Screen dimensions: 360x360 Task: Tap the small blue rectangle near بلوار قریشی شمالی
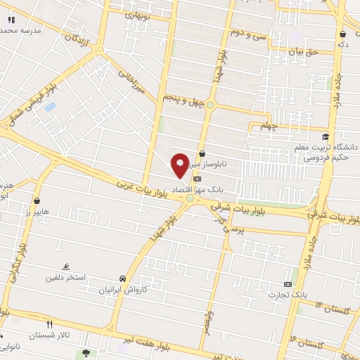point(50,107)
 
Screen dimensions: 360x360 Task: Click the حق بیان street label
point(303,51)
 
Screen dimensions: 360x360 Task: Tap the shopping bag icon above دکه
point(342,34)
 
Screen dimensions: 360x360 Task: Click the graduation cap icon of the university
point(325,136)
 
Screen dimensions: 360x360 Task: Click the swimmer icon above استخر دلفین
point(66,266)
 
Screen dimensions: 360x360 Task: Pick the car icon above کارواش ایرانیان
point(123,278)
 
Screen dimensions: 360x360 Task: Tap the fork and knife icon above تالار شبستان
point(49,324)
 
